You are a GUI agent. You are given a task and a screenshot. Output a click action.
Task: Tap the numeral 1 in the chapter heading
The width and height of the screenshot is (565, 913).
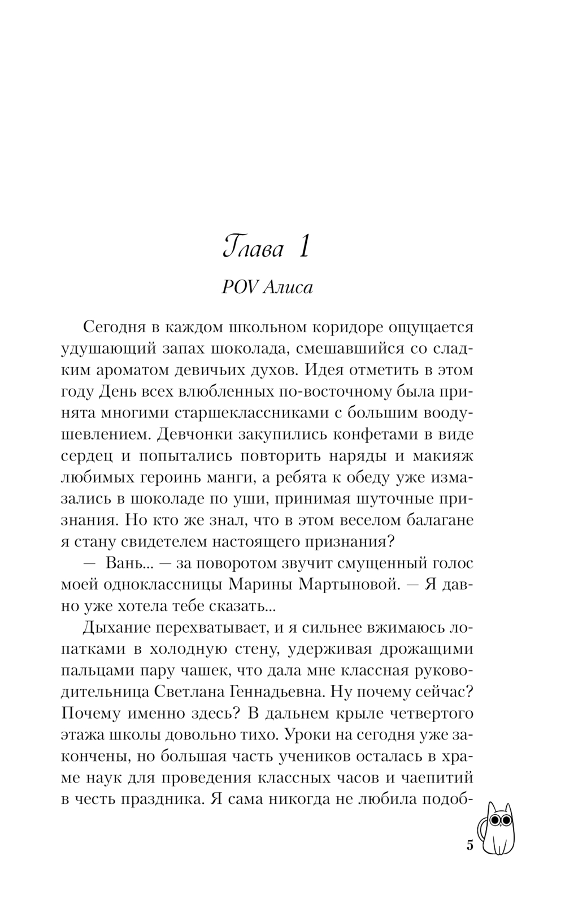[x=303, y=247]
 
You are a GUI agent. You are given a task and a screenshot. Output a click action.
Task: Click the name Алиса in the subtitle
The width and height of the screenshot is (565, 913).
[x=288, y=288]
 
